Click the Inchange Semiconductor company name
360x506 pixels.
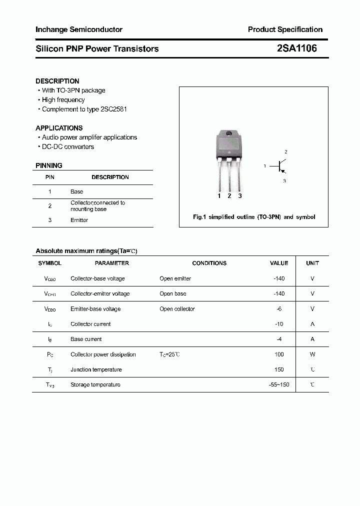tap(79, 29)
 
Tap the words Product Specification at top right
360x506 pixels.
tap(285, 29)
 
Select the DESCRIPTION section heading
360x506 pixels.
tap(57, 81)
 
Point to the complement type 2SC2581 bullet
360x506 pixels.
tap(84, 109)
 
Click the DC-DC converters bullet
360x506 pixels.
tap(67, 146)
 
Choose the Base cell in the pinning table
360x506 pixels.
tap(77, 191)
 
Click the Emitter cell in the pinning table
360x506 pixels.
tap(79, 220)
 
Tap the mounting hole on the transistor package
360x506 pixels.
tap(229, 133)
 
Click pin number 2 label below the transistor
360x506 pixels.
tap(229, 196)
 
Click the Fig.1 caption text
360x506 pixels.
tap(254, 217)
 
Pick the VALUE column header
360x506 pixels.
tap(279, 263)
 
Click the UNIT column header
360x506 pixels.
tap(312, 263)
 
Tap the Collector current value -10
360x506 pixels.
tap(279, 324)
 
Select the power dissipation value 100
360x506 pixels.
tap(279, 354)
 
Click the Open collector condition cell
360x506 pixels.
tap(177, 309)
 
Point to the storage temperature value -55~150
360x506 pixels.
tap(279, 384)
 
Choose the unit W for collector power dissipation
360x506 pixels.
tap(312, 354)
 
